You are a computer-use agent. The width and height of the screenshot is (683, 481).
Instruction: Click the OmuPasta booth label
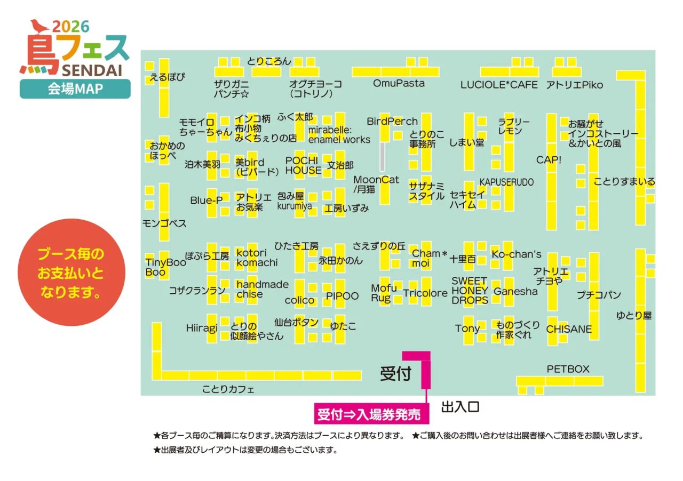point(398,83)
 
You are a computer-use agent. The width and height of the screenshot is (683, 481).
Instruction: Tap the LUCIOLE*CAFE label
point(499,85)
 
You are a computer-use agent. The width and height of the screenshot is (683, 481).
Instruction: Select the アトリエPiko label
point(574,85)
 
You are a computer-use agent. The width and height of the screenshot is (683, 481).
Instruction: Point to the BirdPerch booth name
point(392,122)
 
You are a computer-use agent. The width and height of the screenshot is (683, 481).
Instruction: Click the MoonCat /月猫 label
point(376,184)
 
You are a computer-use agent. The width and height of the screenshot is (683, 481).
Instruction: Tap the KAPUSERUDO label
point(506,182)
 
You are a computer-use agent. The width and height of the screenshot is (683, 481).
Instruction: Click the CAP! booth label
point(549,159)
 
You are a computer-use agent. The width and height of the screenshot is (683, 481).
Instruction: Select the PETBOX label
point(568,368)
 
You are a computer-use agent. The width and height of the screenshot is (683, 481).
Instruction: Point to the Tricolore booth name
point(425,293)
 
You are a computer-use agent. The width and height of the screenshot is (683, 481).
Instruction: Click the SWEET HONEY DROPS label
point(470,290)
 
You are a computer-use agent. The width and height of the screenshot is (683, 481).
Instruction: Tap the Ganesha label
point(515,292)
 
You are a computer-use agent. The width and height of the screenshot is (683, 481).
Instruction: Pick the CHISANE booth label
point(569,329)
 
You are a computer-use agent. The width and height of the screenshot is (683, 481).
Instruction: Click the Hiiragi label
point(202,327)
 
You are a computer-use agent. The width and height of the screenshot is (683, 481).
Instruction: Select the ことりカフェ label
point(228,389)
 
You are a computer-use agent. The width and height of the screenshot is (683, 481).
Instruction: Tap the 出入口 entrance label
point(460,407)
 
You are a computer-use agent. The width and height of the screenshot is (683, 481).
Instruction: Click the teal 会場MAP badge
point(75,89)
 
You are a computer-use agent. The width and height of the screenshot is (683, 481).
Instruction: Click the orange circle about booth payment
point(72,272)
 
